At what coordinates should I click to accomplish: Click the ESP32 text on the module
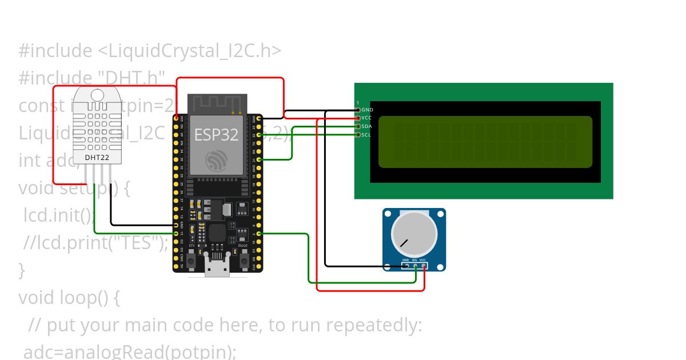click(216, 134)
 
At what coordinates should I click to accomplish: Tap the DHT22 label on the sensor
click(97, 157)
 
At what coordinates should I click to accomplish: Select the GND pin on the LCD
click(358, 109)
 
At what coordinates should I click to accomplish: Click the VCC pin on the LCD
click(358, 118)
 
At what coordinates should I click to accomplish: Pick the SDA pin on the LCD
click(358, 126)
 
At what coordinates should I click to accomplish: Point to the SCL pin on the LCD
click(358, 135)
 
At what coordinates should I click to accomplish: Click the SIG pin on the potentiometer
click(414, 266)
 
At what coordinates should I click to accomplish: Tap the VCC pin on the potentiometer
click(423, 266)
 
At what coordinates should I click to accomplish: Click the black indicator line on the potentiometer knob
click(404, 243)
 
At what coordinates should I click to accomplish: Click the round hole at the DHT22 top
click(97, 94)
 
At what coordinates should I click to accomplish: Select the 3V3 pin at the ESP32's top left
click(177, 118)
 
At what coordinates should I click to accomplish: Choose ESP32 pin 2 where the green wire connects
click(259, 234)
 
